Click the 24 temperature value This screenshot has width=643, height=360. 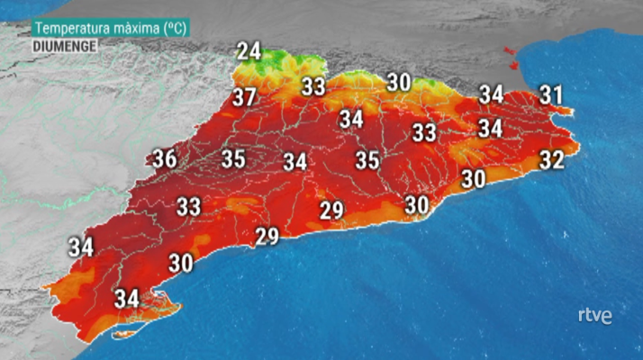coord(249,51)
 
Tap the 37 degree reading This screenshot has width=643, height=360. coord(244,97)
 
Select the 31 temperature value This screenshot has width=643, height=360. coord(551,94)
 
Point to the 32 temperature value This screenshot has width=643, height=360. coord(551,160)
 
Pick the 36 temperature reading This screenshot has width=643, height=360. coord(164,159)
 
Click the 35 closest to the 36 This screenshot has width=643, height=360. coord(233,159)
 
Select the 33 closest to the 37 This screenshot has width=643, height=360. coord(313,87)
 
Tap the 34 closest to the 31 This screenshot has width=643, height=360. coord(491,94)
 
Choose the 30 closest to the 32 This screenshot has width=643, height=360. coord(474,178)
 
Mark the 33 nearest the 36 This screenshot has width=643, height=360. coord(188,207)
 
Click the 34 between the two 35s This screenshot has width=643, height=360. coord(295,162)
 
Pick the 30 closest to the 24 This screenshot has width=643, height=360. coord(400,81)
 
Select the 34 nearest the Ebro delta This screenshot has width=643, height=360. coord(127,297)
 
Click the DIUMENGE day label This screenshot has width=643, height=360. coord(64,44)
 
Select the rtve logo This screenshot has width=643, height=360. coord(594,316)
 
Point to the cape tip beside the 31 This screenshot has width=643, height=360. coord(566,112)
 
